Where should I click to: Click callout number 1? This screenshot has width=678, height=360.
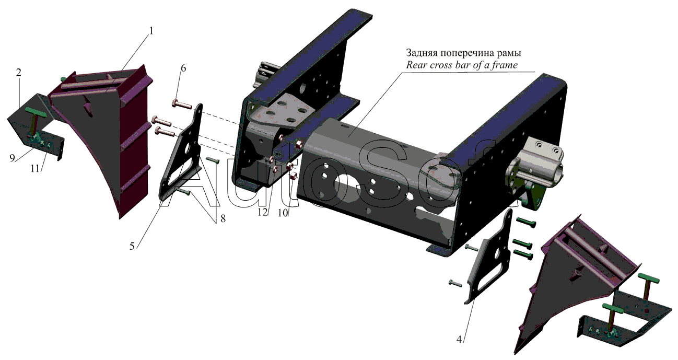coord(151,31)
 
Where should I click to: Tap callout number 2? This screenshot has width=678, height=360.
coord(19,73)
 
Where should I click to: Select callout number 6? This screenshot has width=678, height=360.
coord(183,68)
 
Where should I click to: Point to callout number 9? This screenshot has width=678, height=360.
coord(12,158)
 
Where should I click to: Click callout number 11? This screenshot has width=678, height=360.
coord(35,169)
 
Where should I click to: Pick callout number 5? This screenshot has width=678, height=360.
coord(132,246)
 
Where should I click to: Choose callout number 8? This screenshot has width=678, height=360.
coord(223,218)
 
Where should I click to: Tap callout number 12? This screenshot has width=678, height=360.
coord(263,213)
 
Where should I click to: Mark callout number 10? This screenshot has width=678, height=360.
coord(283,213)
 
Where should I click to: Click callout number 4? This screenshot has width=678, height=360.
coord(459,340)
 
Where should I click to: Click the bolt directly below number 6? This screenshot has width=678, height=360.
coord(182,104)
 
